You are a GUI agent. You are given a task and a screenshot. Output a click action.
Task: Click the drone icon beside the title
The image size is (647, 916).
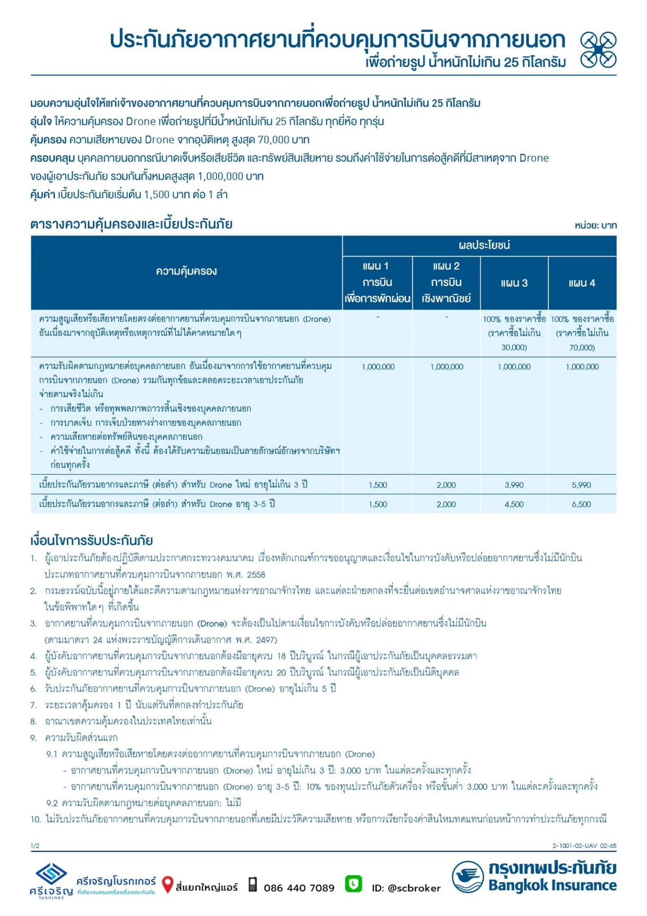pos(598,50)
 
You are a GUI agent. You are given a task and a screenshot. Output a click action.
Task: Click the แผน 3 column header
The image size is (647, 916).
pos(514,283)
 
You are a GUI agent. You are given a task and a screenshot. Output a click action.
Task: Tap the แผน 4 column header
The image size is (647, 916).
pos(582,283)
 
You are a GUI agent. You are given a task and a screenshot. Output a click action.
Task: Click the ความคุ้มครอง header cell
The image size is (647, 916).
pos(186,271)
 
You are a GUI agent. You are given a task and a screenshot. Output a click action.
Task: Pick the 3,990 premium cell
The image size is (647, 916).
pos(514,485)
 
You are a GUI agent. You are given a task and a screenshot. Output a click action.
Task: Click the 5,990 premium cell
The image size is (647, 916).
pos(581,485)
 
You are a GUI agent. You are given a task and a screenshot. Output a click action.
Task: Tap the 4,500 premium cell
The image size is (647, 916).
pos(514,504)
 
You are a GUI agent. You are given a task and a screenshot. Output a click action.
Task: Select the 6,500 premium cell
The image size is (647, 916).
pos(581,504)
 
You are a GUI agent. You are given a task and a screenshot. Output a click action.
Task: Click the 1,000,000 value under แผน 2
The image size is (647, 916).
pos(447,367)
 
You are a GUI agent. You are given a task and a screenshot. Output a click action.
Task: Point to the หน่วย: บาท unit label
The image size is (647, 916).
pos(596,225)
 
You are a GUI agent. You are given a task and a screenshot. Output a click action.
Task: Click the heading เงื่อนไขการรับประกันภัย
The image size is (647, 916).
pos(92,540)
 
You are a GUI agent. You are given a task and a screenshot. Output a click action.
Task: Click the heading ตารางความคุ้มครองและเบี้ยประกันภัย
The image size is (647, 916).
pos(131,224)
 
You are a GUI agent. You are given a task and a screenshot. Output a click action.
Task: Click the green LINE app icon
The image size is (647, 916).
pos(354,884)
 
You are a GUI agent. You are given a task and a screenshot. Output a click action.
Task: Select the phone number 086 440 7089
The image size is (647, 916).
pos(299,888)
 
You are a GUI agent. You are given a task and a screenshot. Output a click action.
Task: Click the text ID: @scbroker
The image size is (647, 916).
pos(406,888)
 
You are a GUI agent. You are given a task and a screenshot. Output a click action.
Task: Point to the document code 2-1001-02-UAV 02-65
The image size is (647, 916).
pos(584,846)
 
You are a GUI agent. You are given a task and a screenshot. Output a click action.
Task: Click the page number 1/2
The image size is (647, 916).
pos(35,846)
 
